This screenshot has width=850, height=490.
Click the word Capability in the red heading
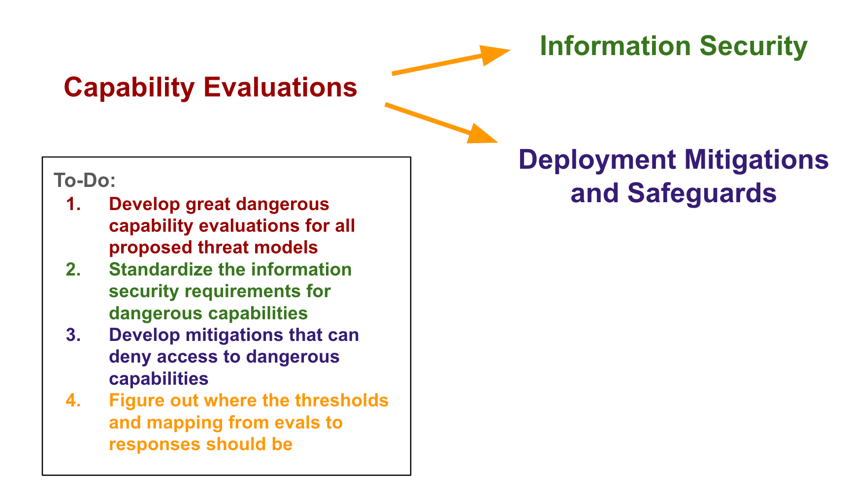130,88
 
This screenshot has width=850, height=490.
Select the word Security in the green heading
753,47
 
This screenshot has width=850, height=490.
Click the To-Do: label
85,181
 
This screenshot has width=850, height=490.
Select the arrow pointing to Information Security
451,61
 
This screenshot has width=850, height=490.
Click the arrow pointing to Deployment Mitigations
442,123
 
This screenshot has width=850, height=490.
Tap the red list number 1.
73,204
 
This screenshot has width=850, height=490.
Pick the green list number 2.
73,270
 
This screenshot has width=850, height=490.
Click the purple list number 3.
73,335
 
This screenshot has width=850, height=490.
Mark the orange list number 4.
73,400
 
